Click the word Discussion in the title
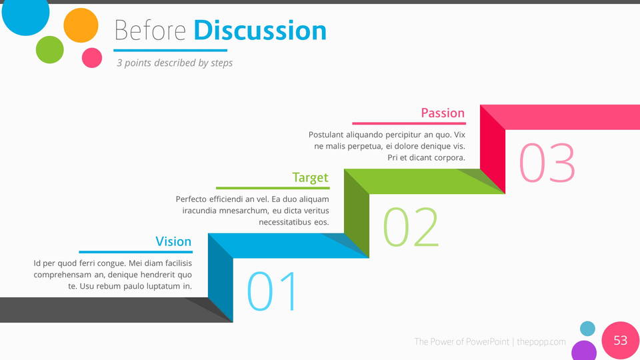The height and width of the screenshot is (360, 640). coord(260,31)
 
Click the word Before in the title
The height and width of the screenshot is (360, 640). coord(150,31)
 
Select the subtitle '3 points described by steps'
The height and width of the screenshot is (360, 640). coord(175,63)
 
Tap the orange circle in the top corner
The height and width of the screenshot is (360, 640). coord(81,25)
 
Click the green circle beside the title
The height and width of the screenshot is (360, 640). coord(50,50)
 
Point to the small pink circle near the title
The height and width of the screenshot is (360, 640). coord(92,57)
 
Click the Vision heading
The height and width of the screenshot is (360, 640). coord(173,241)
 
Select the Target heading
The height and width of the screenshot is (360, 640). coord(310,177)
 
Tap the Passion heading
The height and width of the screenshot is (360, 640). coord(443,113)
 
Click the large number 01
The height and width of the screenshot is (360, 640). coord(273,291)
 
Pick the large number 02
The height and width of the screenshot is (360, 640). coord(411,227)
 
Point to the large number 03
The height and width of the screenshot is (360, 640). coord(547,163)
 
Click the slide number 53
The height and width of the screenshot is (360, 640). coord(621,341)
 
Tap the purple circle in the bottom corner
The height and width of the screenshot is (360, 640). coord(584,351)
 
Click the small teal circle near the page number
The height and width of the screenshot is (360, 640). coord(587,329)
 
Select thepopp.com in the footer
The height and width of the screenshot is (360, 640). coord(541,341)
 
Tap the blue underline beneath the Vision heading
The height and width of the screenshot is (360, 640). coord(135,252)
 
